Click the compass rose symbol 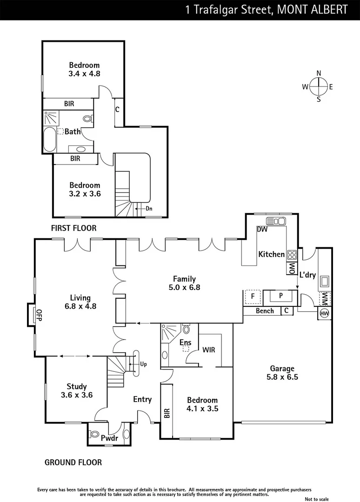pyautogui.click(x=319, y=86)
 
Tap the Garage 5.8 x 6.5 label pyautogui.click(x=282, y=373)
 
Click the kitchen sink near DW pyautogui.click(x=275, y=221)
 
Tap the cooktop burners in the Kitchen pyautogui.click(x=292, y=254)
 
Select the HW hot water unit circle pyautogui.click(x=324, y=314)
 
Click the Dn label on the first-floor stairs pyautogui.click(x=149, y=209)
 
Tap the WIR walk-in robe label pyautogui.click(x=209, y=350)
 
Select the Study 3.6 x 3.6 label pyautogui.click(x=77, y=390)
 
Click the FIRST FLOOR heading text pyautogui.click(x=74, y=228)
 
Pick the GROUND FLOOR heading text pyautogui.click(x=73, y=462)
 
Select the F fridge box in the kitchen pyautogui.click(x=252, y=296)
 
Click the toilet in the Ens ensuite pyautogui.click(x=187, y=330)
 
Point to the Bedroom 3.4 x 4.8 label pyautogui.click(x=84, y=69)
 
